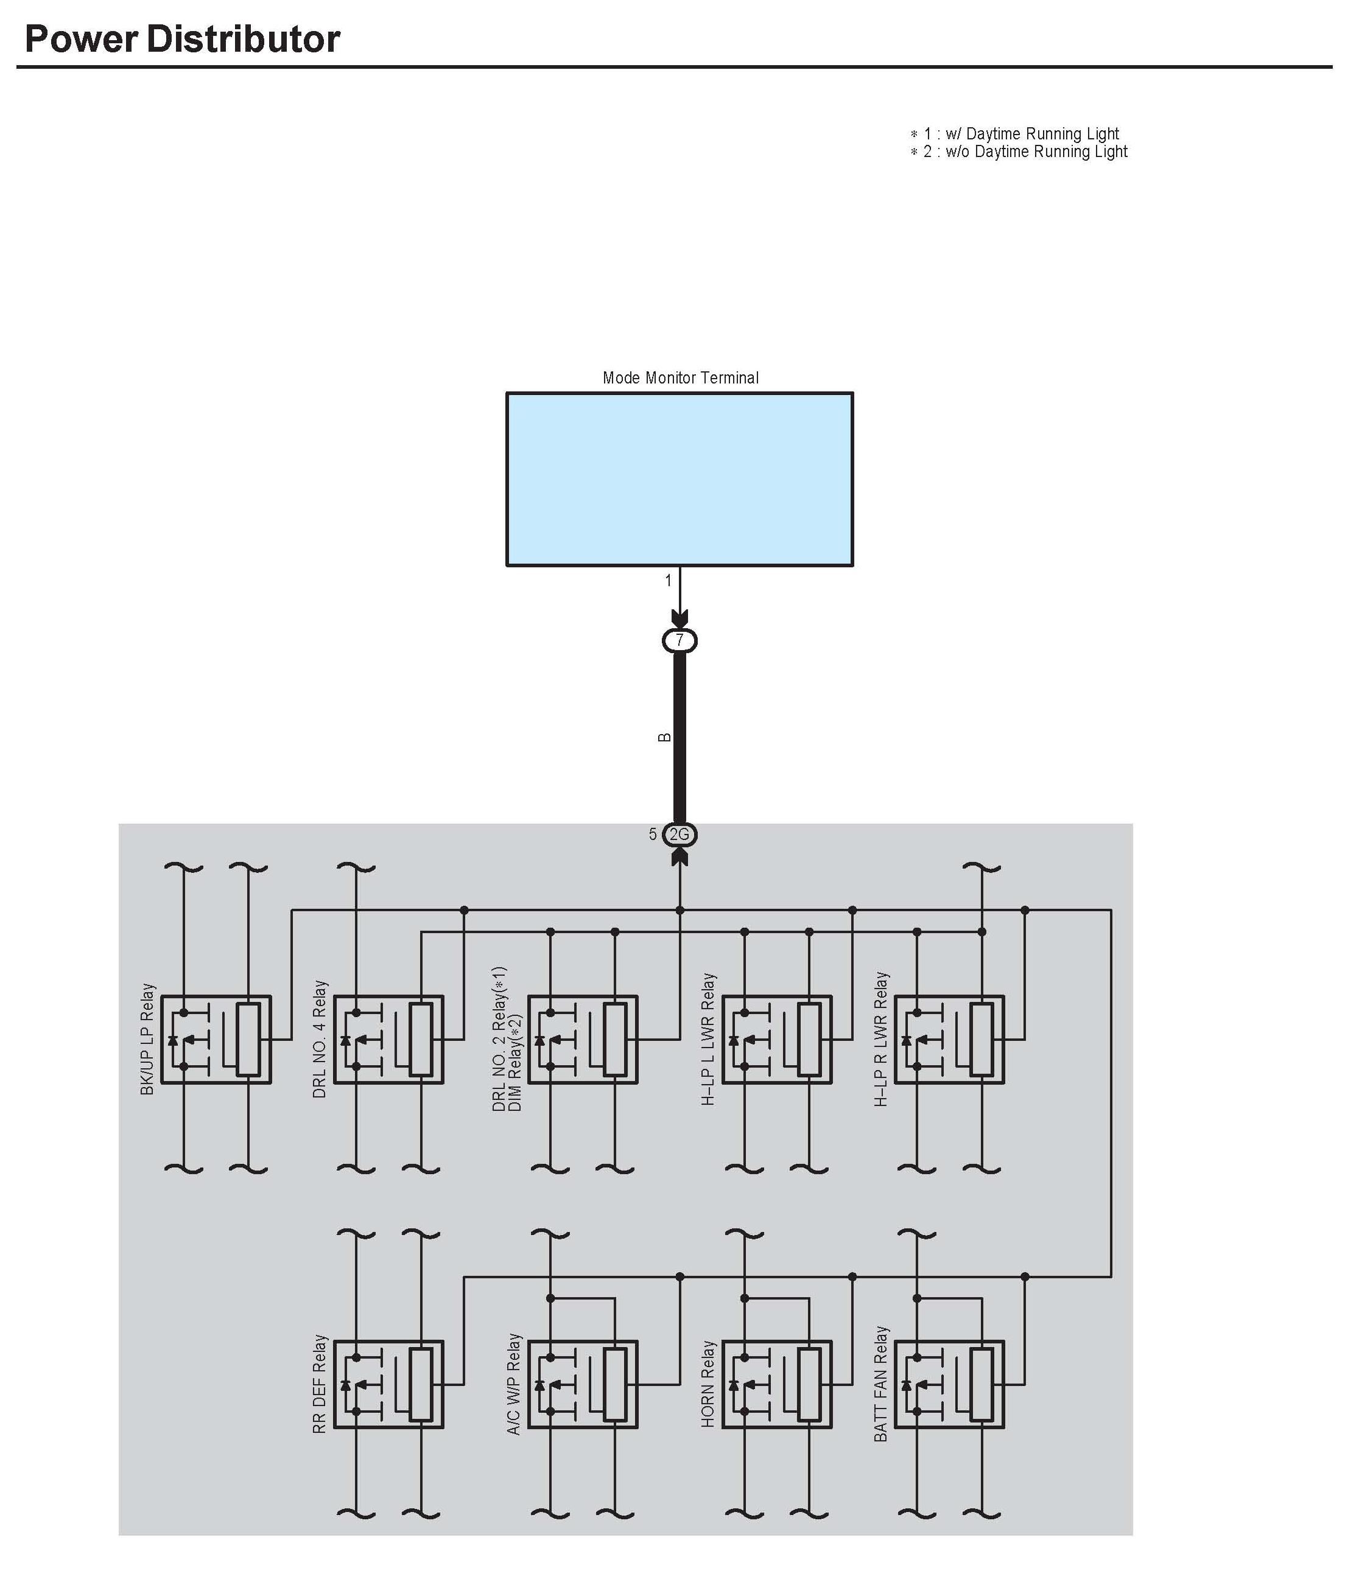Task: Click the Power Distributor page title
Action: [183, 40]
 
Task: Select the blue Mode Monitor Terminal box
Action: [679, 479]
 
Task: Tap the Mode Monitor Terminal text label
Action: [680, 377]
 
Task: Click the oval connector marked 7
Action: [679, 640]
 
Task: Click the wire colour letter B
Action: [664, 737]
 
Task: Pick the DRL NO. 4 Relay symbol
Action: [388, 1040]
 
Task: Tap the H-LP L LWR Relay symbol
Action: [776, 1040]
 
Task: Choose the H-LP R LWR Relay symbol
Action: [949, 1040]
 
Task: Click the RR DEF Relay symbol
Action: [388, 1385]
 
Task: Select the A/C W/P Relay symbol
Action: [583, 1385]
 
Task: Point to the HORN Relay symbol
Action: [776, 1385]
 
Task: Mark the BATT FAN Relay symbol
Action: [949, 1385]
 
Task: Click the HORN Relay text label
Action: [708, 1384]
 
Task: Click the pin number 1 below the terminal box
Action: [668, 581]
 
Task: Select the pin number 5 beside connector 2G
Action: [653, 834]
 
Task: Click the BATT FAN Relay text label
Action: [880, 1384]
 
